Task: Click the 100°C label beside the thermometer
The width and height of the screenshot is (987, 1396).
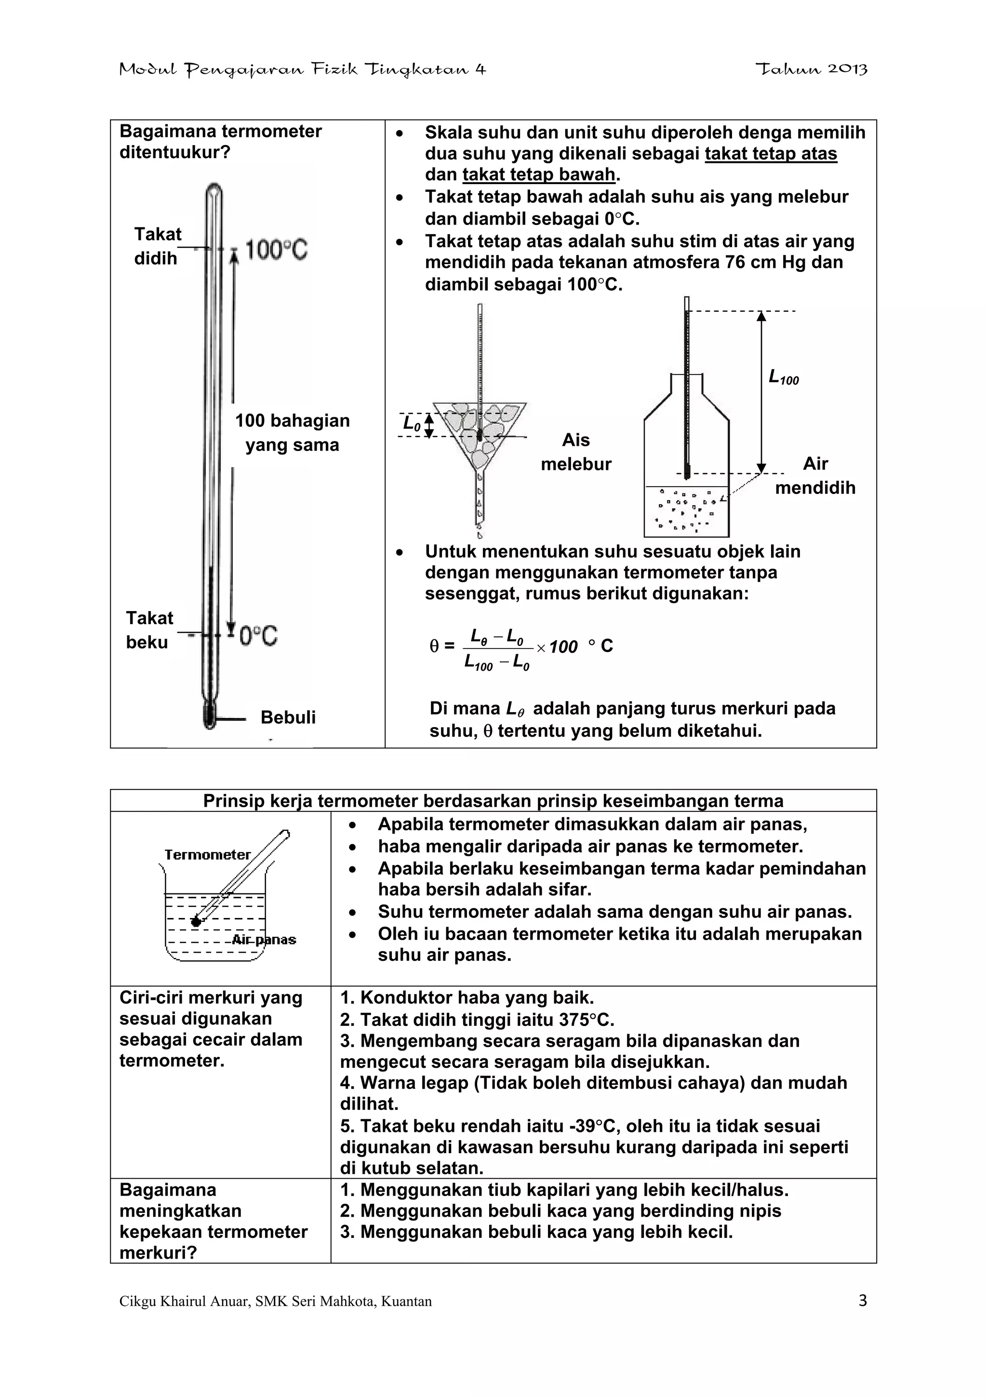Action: point(276,250)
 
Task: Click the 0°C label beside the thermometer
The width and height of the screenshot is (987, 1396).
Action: point(258,636)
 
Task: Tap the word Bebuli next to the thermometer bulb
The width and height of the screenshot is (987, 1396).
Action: point(288,718)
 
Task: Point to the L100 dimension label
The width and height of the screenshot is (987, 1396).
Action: point(783,378)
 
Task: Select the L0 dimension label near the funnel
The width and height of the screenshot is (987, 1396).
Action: point(412,424)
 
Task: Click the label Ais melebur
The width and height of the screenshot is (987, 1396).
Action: point(575,452)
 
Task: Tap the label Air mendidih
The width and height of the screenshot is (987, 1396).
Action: point(815,476)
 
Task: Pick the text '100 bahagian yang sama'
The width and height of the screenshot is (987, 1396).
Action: point(292,432)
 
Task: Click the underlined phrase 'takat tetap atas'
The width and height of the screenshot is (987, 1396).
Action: point(771,154)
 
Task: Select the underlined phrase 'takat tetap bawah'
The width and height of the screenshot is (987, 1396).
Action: point(539,175)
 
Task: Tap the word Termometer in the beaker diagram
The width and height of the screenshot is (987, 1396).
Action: point(207,855)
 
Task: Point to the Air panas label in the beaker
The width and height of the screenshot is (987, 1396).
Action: point(264,940)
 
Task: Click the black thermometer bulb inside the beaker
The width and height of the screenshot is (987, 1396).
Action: point(196,922)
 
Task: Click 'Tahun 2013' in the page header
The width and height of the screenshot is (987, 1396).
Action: point(811,69)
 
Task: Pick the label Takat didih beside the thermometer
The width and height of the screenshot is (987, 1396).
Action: point(157,246)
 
